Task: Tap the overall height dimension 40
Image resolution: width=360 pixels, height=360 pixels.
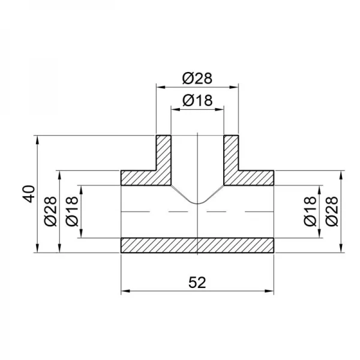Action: [x=31, y=194]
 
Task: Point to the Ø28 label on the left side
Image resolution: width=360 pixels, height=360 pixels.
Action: [x=52, y=212]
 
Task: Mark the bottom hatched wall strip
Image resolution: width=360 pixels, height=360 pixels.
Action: [x=197, y=245]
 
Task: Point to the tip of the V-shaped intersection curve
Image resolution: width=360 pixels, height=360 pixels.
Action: [x=197, y=204]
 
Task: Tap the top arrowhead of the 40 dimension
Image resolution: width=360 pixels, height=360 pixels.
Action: [x=38, y=140]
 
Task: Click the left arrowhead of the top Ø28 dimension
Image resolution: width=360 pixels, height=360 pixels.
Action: [x=160, y=88]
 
